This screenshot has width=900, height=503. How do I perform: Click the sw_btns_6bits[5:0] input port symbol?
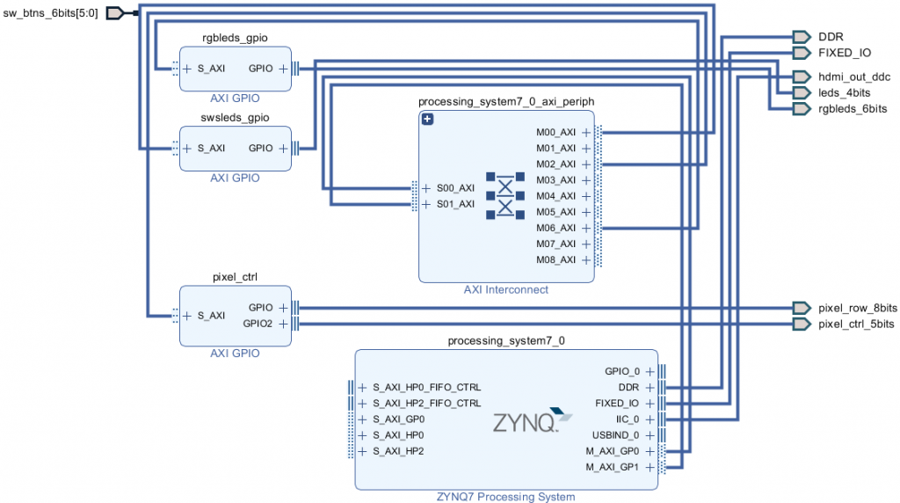click(115, 12)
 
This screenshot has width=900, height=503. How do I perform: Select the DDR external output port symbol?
click(802, 37)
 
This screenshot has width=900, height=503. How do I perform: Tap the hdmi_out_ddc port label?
click(854, 77)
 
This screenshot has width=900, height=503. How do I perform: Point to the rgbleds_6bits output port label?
click(853, 109)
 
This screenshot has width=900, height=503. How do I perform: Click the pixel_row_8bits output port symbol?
click(802, 308)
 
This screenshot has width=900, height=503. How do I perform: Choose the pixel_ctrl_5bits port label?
click(856, 324)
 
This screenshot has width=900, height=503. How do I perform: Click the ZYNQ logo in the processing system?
click(532, 420)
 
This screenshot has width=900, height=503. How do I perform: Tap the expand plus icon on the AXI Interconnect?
click(427, 119)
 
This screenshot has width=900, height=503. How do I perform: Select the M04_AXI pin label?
click(555, 196)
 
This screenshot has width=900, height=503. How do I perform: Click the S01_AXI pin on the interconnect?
click(455, 204)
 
